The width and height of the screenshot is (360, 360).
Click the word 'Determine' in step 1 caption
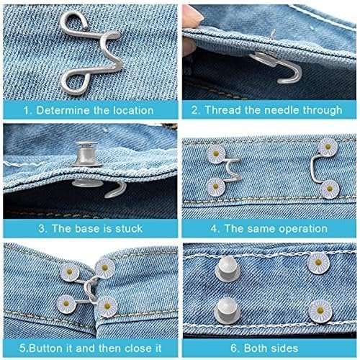63,111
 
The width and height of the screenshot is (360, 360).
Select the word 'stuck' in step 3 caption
129,228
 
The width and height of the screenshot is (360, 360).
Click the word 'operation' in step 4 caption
303,228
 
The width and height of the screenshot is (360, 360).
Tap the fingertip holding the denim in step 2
192,14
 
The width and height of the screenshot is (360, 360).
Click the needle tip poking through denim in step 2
273,34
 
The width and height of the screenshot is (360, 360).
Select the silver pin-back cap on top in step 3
86,153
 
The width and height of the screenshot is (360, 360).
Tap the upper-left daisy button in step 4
216,154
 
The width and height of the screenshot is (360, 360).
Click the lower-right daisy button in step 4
330,189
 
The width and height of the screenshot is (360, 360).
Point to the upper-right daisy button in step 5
105,268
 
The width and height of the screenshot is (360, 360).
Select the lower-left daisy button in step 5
66,304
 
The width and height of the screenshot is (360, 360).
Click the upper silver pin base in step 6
227,269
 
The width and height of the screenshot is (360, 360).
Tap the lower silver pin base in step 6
226,311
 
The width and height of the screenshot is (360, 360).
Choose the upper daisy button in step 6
318,262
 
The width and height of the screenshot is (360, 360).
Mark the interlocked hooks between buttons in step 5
91,290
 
